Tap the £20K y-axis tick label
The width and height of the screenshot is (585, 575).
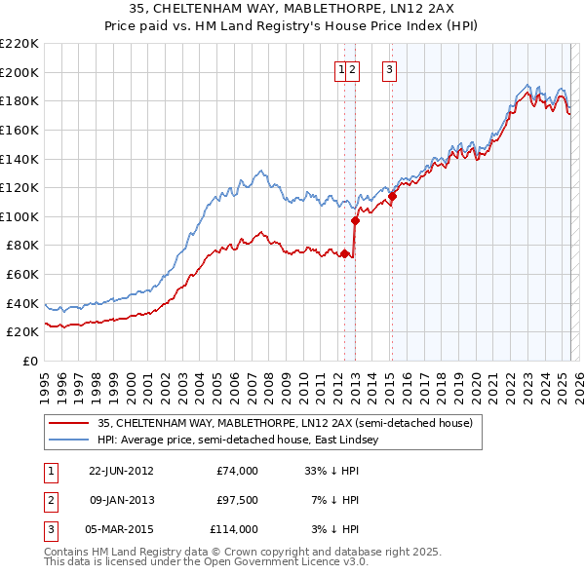point(22,332)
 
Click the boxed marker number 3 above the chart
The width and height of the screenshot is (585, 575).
point(389,69)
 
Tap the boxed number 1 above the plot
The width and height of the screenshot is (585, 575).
point(342,69)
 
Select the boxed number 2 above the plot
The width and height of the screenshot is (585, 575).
point(353,69)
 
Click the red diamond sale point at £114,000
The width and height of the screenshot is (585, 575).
point(392,197)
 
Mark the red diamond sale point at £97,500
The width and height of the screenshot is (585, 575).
point(355,220)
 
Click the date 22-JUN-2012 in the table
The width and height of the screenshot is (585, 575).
point(121,471)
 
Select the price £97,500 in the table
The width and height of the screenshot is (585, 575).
point(238,500)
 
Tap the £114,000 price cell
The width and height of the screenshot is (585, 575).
point(235,529)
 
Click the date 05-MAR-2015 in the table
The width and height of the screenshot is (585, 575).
point(121,529)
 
